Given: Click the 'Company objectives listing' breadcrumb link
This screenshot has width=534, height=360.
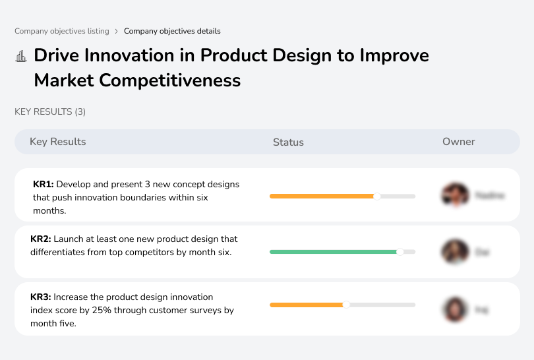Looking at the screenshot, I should click(x=62, y=31).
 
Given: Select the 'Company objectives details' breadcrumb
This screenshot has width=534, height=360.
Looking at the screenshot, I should click(x=172, y=31).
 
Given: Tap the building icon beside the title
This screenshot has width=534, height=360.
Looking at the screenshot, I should click(x=21, y=56).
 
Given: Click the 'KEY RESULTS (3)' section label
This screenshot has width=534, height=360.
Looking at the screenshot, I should click(x=50, y=112).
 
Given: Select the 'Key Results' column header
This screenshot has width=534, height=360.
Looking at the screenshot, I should click(x=57, y=142).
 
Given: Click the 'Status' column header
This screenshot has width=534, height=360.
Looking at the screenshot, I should click(x=288, y=142).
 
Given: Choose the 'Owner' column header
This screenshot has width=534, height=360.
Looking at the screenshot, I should click(x=459, y=142).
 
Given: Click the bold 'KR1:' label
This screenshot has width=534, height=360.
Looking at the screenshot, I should click(x=44, y=185).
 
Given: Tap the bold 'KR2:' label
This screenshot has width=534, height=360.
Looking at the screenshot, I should click(x=41, y=239).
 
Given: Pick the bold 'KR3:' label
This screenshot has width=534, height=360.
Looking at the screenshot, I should click(x=41, y=297).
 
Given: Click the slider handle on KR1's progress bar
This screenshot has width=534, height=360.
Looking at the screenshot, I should click(x=377, y=196).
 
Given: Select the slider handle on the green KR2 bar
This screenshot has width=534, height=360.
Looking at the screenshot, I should click(x=400, y=252).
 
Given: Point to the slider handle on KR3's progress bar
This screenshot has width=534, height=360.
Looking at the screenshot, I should click(x=346, y=305).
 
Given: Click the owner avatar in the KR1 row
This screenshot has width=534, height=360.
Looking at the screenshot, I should click(x=455, y=195).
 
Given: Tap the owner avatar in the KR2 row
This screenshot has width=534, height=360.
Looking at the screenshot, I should click(x=455, y=252).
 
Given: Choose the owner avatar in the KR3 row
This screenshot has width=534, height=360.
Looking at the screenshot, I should click(x=455, y=309).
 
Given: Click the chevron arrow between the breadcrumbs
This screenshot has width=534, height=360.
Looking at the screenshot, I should click(x=117, y=31).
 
